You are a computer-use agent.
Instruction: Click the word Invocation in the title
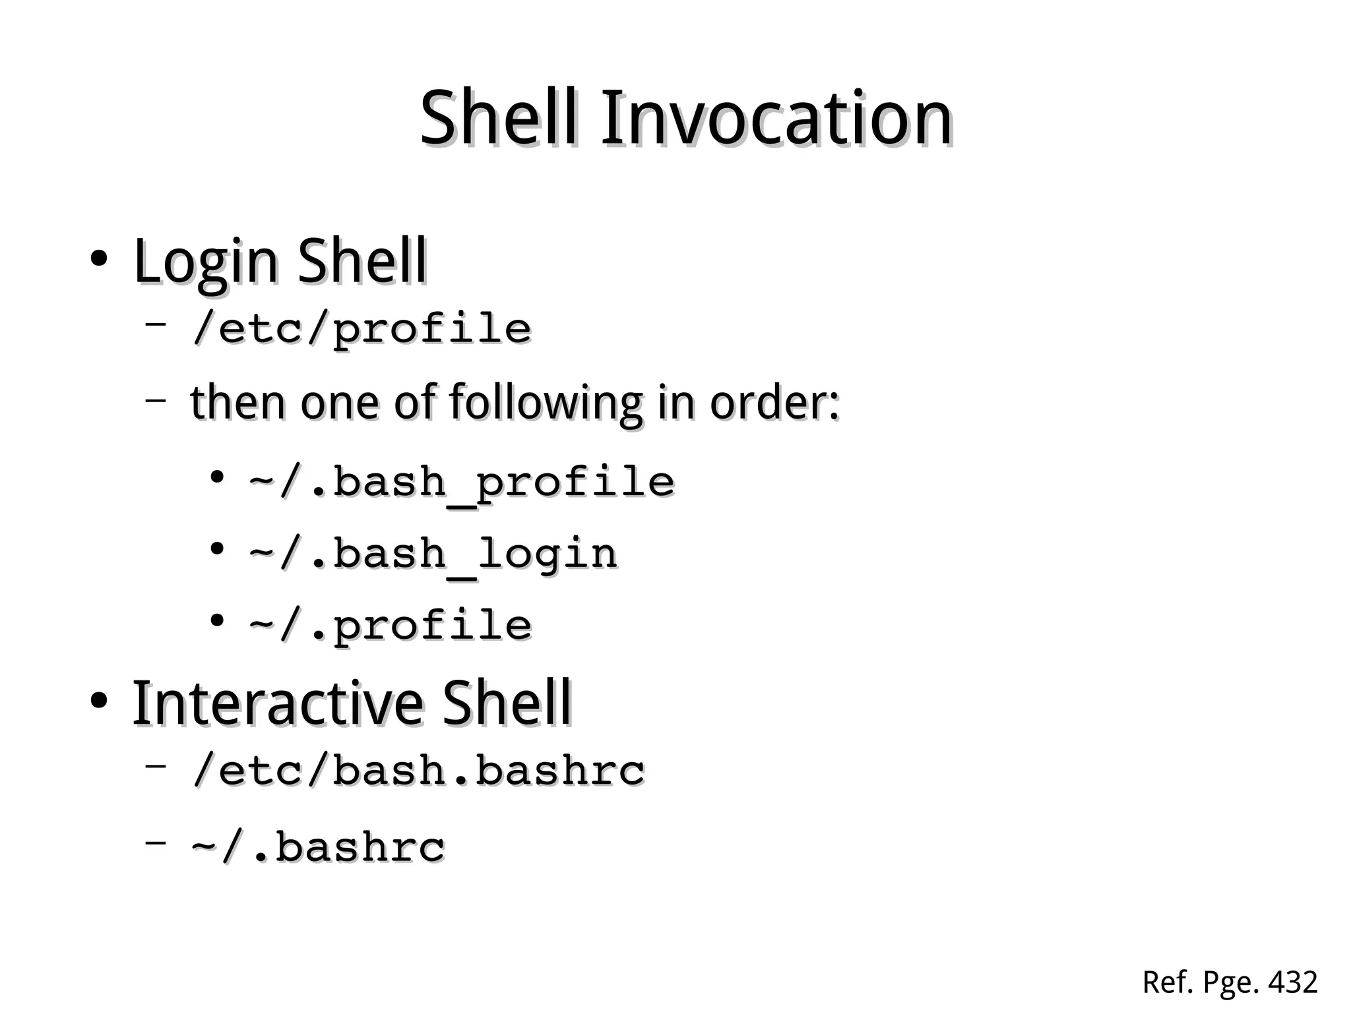776,119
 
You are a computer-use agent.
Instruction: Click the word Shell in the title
500,119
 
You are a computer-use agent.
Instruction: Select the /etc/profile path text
361,328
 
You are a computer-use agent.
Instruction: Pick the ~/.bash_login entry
433,554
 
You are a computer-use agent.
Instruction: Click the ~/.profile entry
391,626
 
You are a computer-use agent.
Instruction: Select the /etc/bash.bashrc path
418,770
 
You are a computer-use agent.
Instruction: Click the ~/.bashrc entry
319,847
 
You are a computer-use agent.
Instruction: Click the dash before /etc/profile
156,324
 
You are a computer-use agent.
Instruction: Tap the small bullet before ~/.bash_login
216,549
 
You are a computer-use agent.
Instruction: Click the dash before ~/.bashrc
156,842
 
